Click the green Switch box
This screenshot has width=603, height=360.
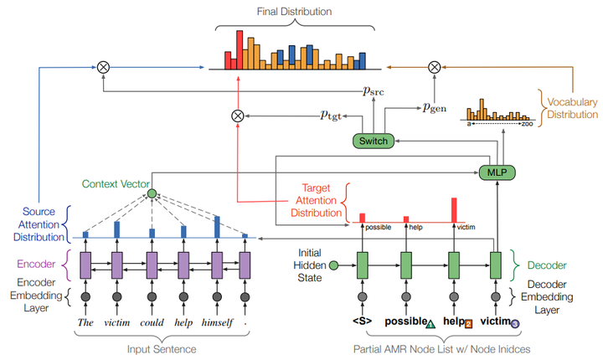373,141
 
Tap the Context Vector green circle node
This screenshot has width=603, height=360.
152,194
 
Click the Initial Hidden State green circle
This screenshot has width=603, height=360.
333,266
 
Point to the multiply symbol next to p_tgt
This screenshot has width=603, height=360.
237,116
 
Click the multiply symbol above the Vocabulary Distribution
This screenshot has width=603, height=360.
434,66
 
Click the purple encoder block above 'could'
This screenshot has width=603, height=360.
151,265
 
